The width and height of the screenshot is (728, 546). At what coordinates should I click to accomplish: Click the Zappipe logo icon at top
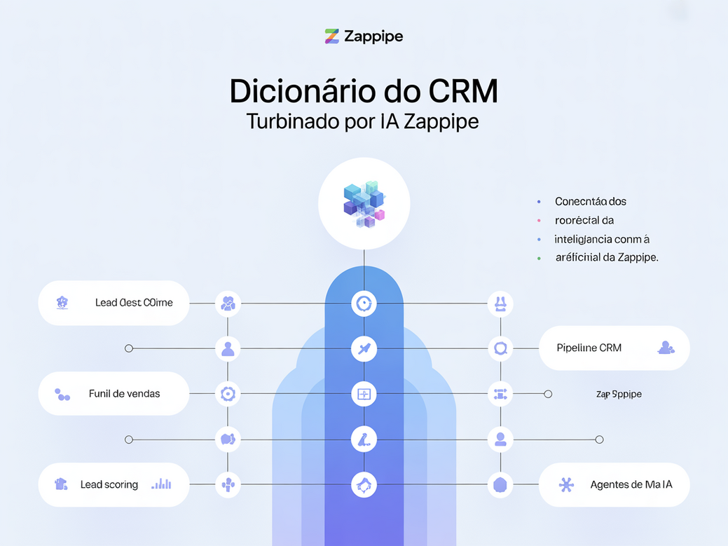pos(332,36)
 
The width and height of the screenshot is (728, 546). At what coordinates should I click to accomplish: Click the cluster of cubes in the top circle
pos(364,204)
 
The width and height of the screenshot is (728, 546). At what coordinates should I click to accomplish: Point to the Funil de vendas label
pos(124,394)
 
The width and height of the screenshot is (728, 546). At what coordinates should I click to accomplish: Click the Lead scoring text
pos(109,484)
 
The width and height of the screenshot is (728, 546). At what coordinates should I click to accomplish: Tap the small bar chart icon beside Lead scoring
pos(162,484)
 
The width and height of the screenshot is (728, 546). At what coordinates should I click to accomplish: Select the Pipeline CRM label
pos(589,348)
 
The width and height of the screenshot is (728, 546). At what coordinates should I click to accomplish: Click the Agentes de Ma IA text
pos(631,484)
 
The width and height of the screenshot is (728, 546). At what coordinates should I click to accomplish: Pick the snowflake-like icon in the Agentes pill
pos(566,484)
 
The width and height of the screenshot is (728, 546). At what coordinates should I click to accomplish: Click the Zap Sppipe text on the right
pos(619,394)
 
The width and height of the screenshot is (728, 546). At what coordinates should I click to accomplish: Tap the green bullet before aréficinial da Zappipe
pos(539,258)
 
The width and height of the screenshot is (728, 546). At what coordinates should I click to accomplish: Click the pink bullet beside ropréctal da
pos(539,220)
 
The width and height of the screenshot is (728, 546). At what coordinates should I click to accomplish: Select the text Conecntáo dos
pos(590,201)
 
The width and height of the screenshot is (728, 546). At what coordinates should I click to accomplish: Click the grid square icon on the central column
pos(364,395)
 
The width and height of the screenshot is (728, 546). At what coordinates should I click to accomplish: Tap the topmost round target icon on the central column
pos(364,303)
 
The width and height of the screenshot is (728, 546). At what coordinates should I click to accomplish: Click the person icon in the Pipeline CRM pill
pos(666,348)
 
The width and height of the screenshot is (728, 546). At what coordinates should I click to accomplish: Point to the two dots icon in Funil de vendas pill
pos(62,395)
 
